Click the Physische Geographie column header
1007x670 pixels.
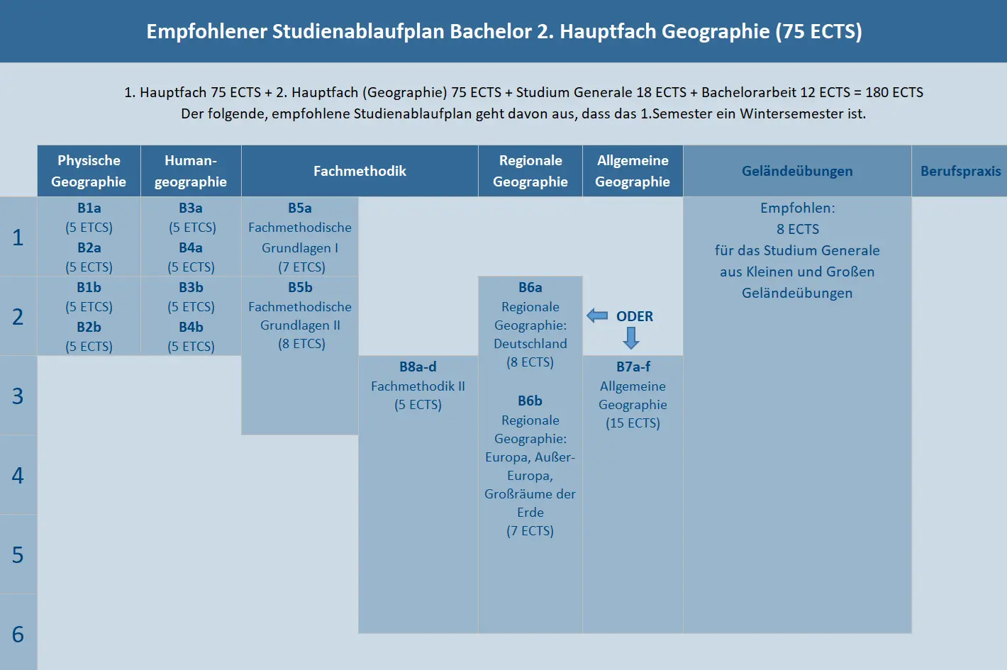(x=89, y=171)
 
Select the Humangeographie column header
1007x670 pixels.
(x=191, y=171)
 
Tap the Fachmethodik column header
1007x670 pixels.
(x=360, y=171)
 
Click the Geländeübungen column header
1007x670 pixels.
(x=797, y=171)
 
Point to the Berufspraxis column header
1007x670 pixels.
(x=960, y=171)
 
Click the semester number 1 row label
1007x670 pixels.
(x=18, y=238)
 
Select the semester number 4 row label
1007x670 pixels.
(x=18, y=475)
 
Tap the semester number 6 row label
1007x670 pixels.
(x=18, y=634)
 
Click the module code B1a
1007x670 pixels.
(x=89, y=208)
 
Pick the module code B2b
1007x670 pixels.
(x=89, y=327)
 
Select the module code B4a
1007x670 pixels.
(x=191, y=247)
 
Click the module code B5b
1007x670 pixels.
(x=300, y=287)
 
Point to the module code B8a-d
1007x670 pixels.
(x=418, y=367)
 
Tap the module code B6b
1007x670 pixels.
(x=530, y=401)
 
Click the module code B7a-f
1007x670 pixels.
(x=633, y=367)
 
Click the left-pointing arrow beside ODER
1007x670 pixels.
(x=597, y=316)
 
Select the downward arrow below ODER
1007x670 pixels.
(x=631, y=337)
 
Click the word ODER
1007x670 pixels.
(x=635, y=316)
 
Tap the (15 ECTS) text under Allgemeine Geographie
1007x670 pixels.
(x=633, y=423)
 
